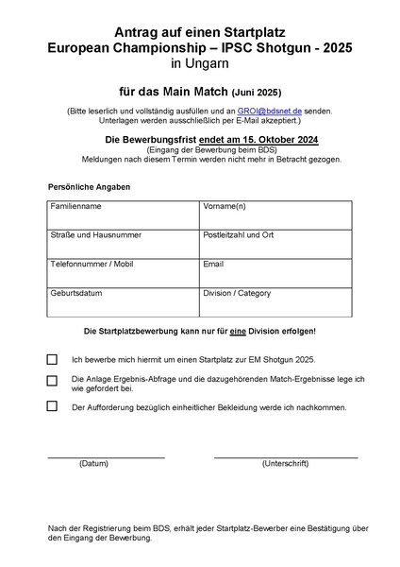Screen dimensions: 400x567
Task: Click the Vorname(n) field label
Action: coord(225,206)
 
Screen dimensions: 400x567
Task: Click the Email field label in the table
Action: coord(213,265)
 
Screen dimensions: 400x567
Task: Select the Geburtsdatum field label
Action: coord(75,294)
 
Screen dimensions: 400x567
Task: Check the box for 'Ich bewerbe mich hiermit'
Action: coord(52,359)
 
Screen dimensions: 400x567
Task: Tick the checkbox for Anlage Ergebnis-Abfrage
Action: coord(52,381)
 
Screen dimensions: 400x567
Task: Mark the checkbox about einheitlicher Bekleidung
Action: coord(52,407)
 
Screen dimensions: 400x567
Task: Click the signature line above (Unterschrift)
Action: coord(285,457)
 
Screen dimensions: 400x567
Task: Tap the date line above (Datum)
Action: coord(106,457)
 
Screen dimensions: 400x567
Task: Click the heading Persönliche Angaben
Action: coord(89,187)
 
